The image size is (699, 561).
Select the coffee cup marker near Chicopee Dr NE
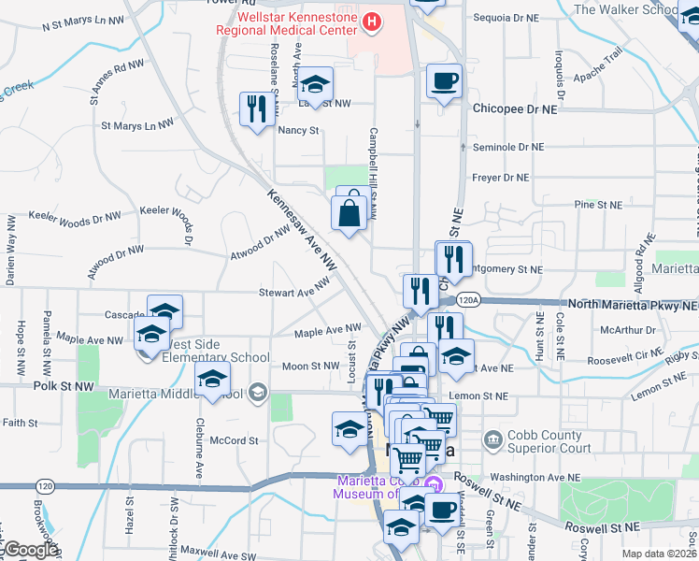pos(444,80)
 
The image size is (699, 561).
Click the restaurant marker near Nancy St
pos(255,109)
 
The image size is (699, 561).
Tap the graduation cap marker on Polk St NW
pos(212,380)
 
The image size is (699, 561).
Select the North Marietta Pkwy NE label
pos(632,305)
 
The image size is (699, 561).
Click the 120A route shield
pos(469,300)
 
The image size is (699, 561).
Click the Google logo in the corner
pos(30,550)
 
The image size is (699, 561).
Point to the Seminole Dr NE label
pos(508,147)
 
